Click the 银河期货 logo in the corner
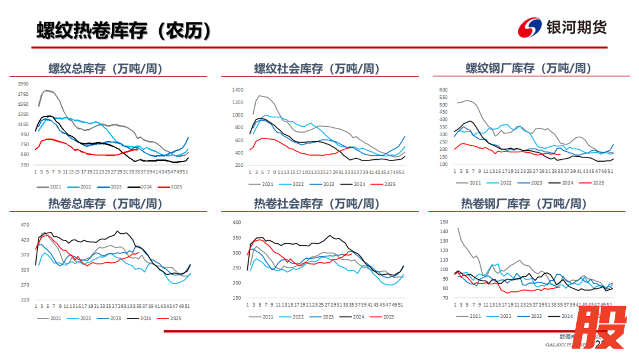[562, 27]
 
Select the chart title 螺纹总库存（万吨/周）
[105, 69]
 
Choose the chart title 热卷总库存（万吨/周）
[105, 204]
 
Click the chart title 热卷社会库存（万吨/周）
[317, 204]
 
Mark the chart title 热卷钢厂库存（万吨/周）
[524, 204]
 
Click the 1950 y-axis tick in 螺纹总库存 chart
[23, 84]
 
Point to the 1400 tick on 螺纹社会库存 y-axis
[238, 90]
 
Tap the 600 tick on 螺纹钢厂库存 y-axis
[444, 90]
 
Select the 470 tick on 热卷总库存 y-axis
[25, 225]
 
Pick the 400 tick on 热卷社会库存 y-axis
[237, 223]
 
